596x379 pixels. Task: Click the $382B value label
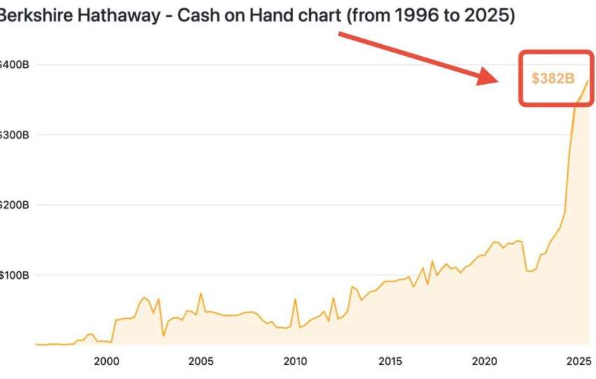(553, 78)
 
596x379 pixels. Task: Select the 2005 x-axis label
(201, 361)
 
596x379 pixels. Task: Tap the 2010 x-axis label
(295, 361)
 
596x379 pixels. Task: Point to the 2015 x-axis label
(390, 361)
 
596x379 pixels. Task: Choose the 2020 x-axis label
(485, 361)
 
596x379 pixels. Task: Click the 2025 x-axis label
(578, 361)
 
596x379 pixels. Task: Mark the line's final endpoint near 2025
(588, 81)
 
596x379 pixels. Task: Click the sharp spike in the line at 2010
(295, 299)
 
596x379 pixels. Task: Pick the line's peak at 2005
(201, 293)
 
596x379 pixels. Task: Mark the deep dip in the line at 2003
(163, 336)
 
